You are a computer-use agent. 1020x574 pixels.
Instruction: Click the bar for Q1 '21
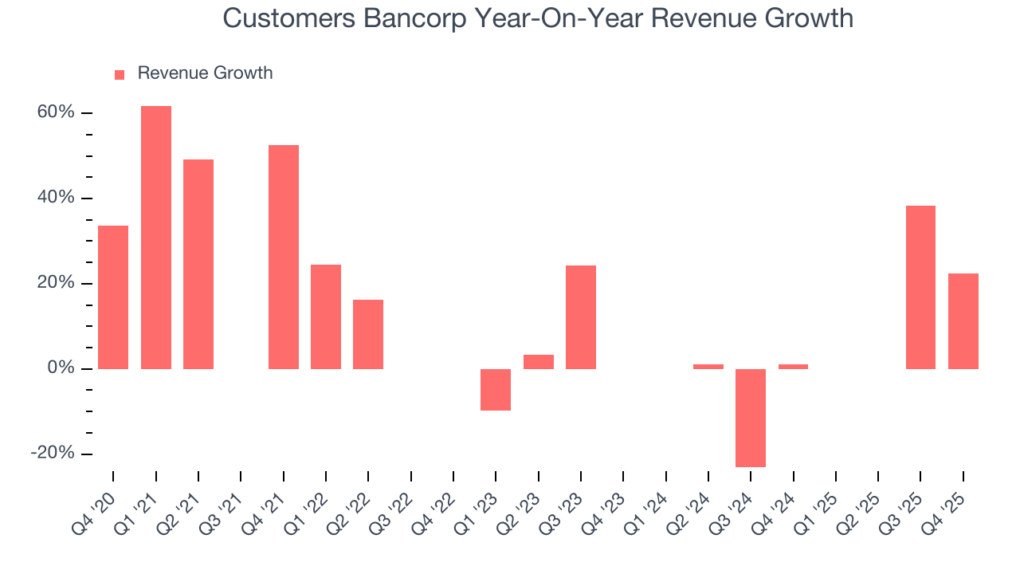coord(156,237)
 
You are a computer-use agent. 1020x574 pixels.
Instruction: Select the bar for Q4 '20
coord(113,297)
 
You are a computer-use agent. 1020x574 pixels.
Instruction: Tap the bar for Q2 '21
coord(198,264)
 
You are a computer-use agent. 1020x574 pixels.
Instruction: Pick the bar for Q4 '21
coord(284,257)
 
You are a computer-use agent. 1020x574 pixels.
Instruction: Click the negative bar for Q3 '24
coord(751,418)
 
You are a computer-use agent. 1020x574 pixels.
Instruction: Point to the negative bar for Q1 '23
coord(496,390)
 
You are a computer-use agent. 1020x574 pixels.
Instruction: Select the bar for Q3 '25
coord(920,287)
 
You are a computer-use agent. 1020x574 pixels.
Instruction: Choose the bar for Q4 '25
coord(963,320)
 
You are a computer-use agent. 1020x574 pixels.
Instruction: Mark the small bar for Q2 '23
coord(539,362)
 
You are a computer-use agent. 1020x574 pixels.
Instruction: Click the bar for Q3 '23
coord(581,316)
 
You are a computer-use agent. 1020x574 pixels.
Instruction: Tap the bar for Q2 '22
coord(368,334)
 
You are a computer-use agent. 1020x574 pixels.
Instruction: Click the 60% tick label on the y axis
coord(56,112)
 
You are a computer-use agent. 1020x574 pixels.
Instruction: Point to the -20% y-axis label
coord(53,453)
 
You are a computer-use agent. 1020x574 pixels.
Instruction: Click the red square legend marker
coord(120,74)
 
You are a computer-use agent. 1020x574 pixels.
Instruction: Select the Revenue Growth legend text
coord(205,73)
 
